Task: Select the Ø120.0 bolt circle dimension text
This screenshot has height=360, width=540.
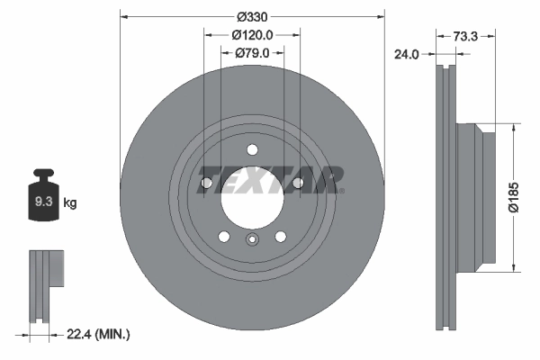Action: [x=252, y=35]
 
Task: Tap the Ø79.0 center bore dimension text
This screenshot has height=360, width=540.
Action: [x=253, y=53]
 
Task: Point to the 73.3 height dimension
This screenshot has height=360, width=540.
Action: [x=464, y=36]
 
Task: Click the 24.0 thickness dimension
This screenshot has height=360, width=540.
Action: [x=408, y=54]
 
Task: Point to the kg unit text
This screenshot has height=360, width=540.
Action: [x=70, y=203]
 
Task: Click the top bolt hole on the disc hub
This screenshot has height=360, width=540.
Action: [x=252, y=150]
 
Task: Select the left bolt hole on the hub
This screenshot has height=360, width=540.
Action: [x=206, y=184]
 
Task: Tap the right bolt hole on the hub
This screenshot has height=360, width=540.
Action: [x=298, y=184]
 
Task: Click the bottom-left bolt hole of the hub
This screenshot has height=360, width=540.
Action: [x=223, y=237]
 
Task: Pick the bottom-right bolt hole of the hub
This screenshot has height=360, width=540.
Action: [x=281, y=237]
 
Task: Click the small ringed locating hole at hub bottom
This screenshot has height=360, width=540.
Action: [x=252, y=239]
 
